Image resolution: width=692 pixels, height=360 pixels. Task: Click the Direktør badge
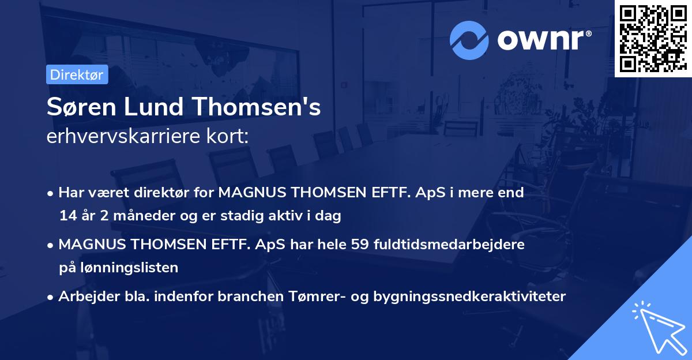point(77,75)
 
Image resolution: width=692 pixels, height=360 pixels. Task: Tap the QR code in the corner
point(653,38)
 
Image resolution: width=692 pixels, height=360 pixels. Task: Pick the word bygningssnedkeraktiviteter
point(469,297)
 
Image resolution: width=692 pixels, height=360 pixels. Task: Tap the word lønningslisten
point(126,268)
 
